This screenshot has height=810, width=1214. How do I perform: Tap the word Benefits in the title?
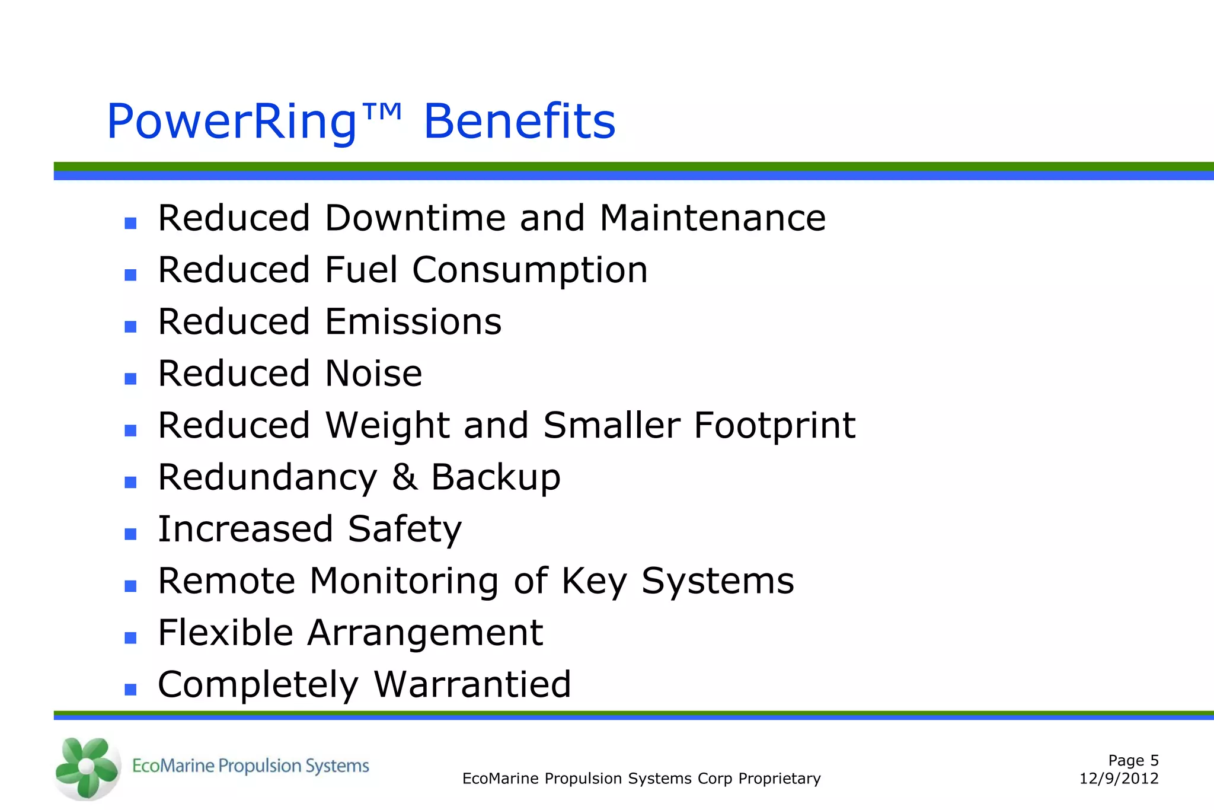[519, 122]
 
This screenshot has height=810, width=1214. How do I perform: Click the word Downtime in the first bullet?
[415, 218]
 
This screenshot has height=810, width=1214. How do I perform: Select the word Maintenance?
[713, 218]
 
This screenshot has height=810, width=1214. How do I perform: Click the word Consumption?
[530, 271]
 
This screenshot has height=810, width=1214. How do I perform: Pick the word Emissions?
[413, 321]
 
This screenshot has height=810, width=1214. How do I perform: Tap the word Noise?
[373, 374]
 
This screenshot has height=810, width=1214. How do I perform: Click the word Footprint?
[774, 426]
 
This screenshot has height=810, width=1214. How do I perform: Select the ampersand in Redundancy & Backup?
[404, 477]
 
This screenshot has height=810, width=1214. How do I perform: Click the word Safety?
[404, 530]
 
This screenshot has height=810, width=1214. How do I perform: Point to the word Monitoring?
[404, 581]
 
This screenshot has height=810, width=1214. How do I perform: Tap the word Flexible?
[225, 633]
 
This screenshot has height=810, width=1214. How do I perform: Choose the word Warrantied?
[472, 684]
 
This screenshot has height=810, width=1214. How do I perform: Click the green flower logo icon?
[87, 767]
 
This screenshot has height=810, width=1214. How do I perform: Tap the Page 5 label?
[1133, 761]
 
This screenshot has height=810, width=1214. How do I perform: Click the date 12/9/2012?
[1119, 779]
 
